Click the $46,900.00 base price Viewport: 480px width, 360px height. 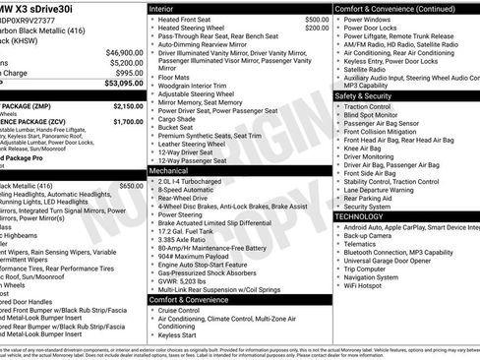tap(123, 52)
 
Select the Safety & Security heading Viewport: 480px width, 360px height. tap(369, 96)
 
